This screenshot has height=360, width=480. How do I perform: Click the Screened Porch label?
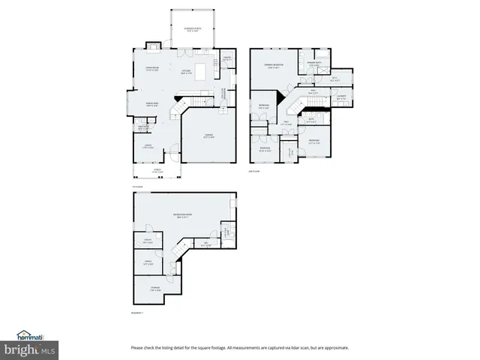pos(193,29)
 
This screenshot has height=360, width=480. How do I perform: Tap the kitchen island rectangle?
pos(202,73)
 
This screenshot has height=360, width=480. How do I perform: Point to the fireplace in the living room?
pos(152,46)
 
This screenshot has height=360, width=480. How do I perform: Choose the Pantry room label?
pos(226,58)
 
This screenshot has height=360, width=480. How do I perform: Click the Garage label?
pos(208,137)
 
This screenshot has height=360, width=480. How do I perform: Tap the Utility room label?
pos(148,241)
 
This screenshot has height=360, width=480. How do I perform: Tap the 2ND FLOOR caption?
pos(253,172)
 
